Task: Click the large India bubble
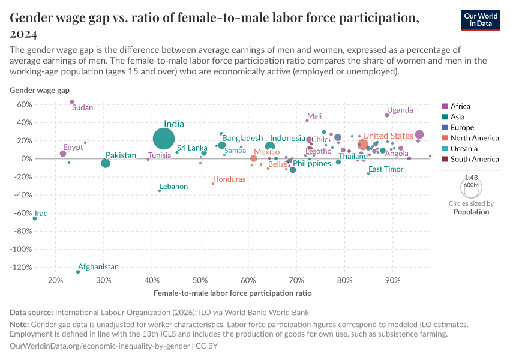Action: point(164,139)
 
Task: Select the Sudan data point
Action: point(72,102)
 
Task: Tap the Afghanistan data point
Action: point(78,272)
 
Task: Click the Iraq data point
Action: point(35,218)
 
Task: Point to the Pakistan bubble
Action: point(106,163)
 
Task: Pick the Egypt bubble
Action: point(63,154)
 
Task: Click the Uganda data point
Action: point(387,115)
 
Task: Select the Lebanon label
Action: point(173,187)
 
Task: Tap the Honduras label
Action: point(229,179)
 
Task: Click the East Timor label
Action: point(386,169)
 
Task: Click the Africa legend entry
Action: point(460,106)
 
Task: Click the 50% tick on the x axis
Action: point(200,280)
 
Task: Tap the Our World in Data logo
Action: point(481,19)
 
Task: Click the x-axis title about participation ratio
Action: point(233,293)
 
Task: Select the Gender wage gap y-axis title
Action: point(40,90)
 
